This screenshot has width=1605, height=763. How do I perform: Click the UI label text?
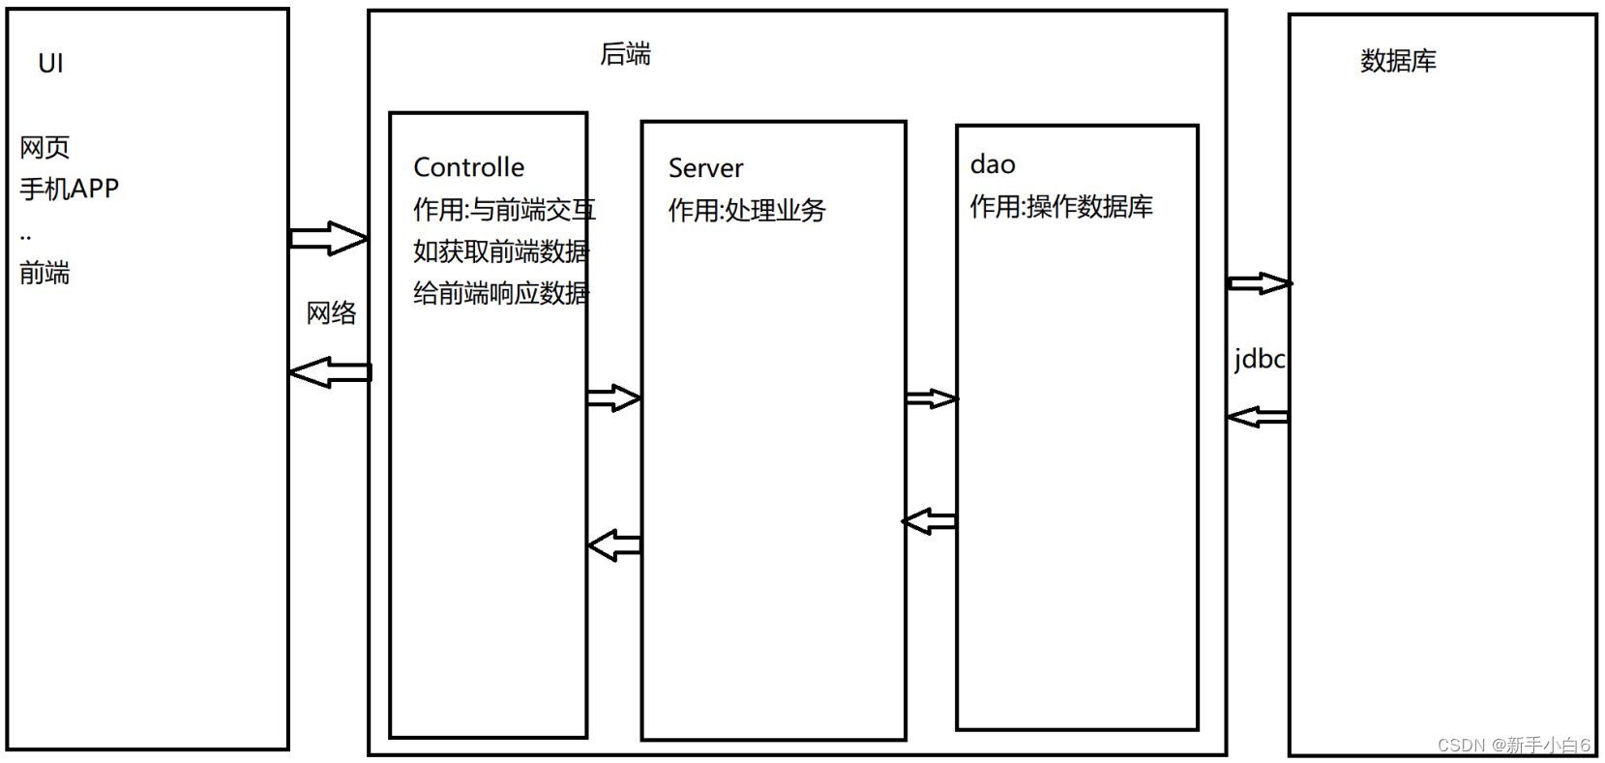coord(50,64)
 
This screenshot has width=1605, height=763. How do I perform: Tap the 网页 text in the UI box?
coord(45,148)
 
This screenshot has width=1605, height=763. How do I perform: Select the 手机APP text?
coord(69,189)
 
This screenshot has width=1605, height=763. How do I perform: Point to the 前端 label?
coord(45,274)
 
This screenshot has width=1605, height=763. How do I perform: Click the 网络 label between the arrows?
coord(331,313)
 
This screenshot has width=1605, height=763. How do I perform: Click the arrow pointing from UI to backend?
coord(328,238)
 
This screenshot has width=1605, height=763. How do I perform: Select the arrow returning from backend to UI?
coord(330,372)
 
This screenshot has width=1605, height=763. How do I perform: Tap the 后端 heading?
coord(625,54)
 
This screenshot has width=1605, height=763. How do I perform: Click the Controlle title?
coord(468,167)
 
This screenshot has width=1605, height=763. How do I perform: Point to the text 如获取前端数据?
coord(500,251)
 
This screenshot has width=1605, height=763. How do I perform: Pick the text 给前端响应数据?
coord(500,293)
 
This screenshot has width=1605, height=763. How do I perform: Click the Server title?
coord(705,168)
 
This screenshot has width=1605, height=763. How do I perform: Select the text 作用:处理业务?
coord(747,211)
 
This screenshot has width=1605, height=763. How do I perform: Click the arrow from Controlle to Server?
coord(613,397)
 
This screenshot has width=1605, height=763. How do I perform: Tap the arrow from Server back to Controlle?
coord(614,545)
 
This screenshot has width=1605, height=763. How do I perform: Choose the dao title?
coord(993,164)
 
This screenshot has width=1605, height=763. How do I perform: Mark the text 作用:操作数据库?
coord(1061,207)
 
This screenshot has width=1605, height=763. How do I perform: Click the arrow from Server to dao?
coord(931,398)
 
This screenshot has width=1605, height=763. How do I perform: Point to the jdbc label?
coord(1259,360)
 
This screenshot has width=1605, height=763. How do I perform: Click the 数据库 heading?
coord(1398,61)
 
